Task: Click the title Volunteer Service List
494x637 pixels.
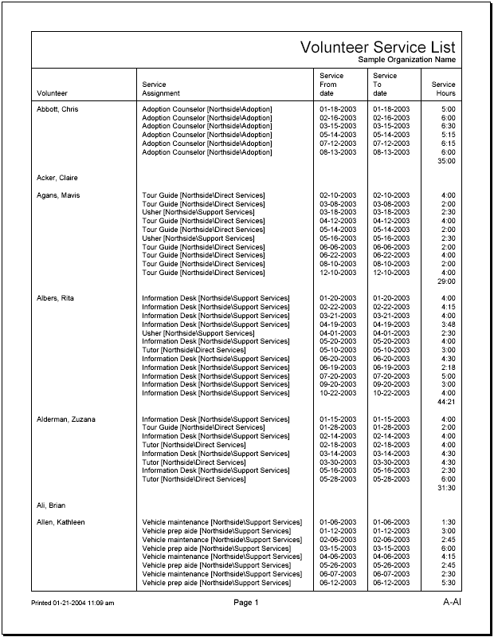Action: (x=378, y=47)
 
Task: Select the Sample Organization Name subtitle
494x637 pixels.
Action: (x=406, y=60)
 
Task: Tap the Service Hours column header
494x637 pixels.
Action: (x=444, y=88)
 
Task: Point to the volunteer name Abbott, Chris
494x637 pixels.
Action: (x=57, y=108)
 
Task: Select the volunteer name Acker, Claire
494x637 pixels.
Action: (x=57, y=178)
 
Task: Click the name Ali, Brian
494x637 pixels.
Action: (x=51, y=505)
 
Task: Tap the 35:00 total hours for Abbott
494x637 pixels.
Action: (x=447, y=161)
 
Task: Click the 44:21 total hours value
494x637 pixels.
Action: (x=447, y=402)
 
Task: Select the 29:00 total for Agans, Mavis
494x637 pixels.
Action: (x=447, y=281)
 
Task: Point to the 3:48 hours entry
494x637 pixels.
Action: (x=449, y=324)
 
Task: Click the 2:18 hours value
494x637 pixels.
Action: (x=449, y=368)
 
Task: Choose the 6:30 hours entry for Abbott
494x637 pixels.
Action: (x=449, y=126)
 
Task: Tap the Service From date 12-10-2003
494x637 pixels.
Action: (x=338, y=273)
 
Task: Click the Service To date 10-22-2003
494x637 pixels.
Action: (x=391, y=393)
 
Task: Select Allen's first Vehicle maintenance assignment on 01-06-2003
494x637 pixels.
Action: (x=222, y=523)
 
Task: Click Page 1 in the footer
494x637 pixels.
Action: (x=245, y=603)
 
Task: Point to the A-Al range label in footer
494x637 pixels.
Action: (x=452, y=603)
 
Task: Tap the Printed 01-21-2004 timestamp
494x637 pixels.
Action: (x=73, y=604)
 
